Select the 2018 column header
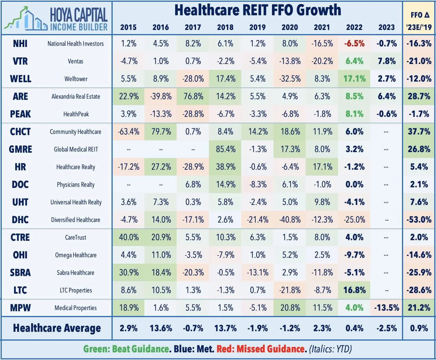(225, 27)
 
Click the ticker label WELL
(20, 79)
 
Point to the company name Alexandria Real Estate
(76, 96)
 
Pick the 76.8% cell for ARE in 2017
(193, 96)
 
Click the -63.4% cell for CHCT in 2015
(129, 132)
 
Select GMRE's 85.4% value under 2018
(225, 149)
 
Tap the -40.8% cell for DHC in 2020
(290, 220)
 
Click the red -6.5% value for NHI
(354, 43)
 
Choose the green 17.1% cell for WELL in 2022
(354, 79)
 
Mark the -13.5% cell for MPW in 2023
(386, 308)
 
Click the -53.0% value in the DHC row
(419, 220)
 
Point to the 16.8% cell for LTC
(354, 290)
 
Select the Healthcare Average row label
(57, 328)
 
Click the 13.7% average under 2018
(225, 328)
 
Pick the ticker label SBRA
(20, 272)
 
